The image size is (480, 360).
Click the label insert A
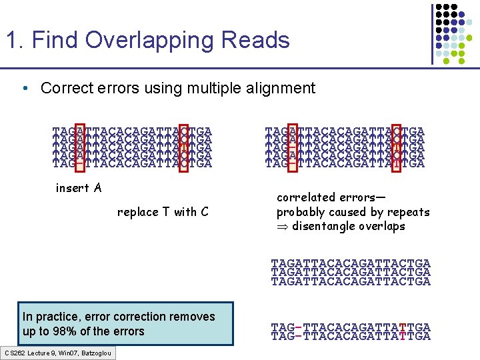[x=79, y=188]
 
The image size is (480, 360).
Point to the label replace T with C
[x=163, y=212]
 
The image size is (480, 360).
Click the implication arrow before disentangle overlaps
[x=281, y=227]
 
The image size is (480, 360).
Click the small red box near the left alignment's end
[x=184, y=145]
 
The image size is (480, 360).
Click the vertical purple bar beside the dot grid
[x=431, y=33]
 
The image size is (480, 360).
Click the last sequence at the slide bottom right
[x=351, y=337]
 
